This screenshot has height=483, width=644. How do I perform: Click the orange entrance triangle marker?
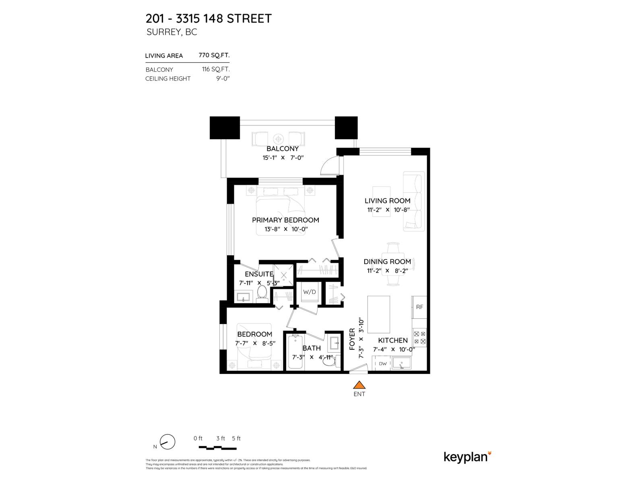(359, 385)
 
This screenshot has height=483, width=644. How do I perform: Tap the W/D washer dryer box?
(310, 292)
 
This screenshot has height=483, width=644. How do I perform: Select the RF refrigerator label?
(419, 307)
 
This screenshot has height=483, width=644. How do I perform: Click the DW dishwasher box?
(383, 364)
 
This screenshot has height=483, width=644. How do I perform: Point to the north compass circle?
(167, 442)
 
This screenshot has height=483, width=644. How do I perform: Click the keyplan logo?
(467, 457)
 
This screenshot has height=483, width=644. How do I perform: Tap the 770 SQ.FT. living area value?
(214, 56)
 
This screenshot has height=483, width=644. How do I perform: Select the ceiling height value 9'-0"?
(223, 78)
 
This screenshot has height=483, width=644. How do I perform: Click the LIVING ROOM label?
(387, 200)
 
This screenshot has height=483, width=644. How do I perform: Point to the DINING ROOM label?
(387, 262)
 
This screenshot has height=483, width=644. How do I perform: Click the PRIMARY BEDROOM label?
(285, 220)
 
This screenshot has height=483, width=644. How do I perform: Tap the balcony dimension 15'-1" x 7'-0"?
(283, 158)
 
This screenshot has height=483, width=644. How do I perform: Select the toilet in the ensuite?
(262, 294)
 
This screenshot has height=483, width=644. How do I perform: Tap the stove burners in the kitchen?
(419, 338)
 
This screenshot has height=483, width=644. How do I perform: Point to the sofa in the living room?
(414, 201)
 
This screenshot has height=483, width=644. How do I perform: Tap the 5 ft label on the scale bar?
(236, 438)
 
